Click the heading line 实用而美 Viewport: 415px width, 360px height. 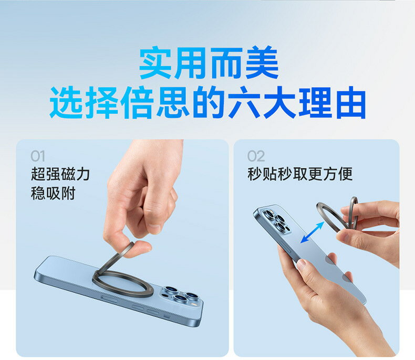click(x=208, y=64)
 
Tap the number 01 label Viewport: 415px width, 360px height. click(x=38, y=156)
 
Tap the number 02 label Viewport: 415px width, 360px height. click(x=256, y=156)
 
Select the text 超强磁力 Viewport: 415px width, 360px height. click(x=60, y=174)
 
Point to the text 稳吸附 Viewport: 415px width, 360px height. click(x=53, y=194)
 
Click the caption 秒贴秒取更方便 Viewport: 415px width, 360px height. click(x=299, y=174)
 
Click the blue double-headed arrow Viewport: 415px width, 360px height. click(x=312, y=232)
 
